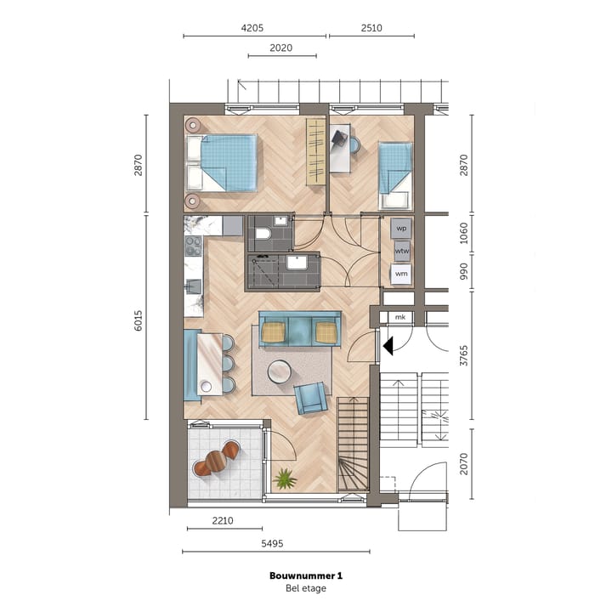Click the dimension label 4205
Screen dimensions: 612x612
pyautogui.click(x=252, y=27)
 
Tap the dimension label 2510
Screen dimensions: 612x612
pyautogui.click(x=371, y=27)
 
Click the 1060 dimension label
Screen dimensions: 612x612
pyautogui.click(x=463, y=232)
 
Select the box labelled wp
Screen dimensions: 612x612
pyautogui.click(x=401, y=229)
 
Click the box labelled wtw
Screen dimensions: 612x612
pyautogui.click(x=401, y=252)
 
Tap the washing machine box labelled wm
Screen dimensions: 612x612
pyautogui.click(x=401, y=274)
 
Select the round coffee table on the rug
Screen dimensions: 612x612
pyautogui.click(x=279, y=371)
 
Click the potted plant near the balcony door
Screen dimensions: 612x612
pyautogui.click(x=285, y=479)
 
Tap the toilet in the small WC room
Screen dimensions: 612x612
pyautogui.click(x=262, y=233)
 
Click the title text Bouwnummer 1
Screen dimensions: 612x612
pyautogui.click(x=305, y=575)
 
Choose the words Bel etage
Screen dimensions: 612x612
pyautogui.click(x=305, y=588)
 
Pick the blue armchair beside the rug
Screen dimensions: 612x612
pyautogui.click(x=311, y=398)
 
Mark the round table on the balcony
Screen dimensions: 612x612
pyautogui.click(x=217, y=461)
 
